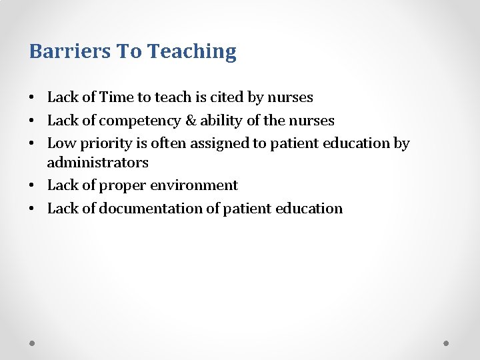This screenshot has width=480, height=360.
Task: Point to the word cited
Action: (x=227, y=97)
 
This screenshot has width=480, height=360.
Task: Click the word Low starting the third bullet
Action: (x=61, y=143)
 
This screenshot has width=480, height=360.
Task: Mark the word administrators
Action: (x=97, y=162)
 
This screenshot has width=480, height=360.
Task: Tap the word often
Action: (x=167, y=143)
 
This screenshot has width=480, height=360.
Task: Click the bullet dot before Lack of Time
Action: (x=32, y=98)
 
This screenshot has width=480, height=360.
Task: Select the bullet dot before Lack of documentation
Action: (x=32, y=209)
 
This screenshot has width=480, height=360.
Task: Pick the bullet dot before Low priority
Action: (x=32, y=144)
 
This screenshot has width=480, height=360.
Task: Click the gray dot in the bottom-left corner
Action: (x=33, y=343)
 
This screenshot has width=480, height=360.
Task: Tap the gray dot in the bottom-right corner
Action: (x=447, y=343)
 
